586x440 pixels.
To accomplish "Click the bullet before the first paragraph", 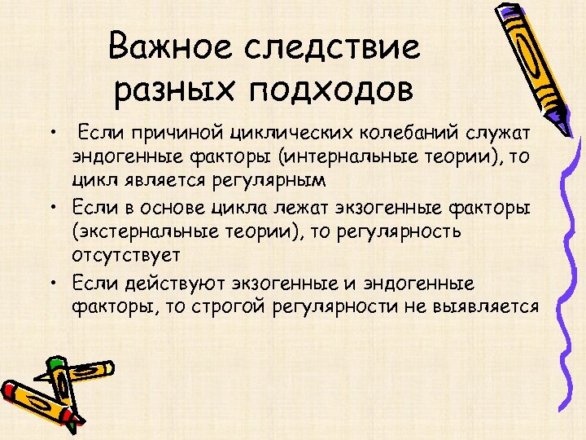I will [x=51, y=133].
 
